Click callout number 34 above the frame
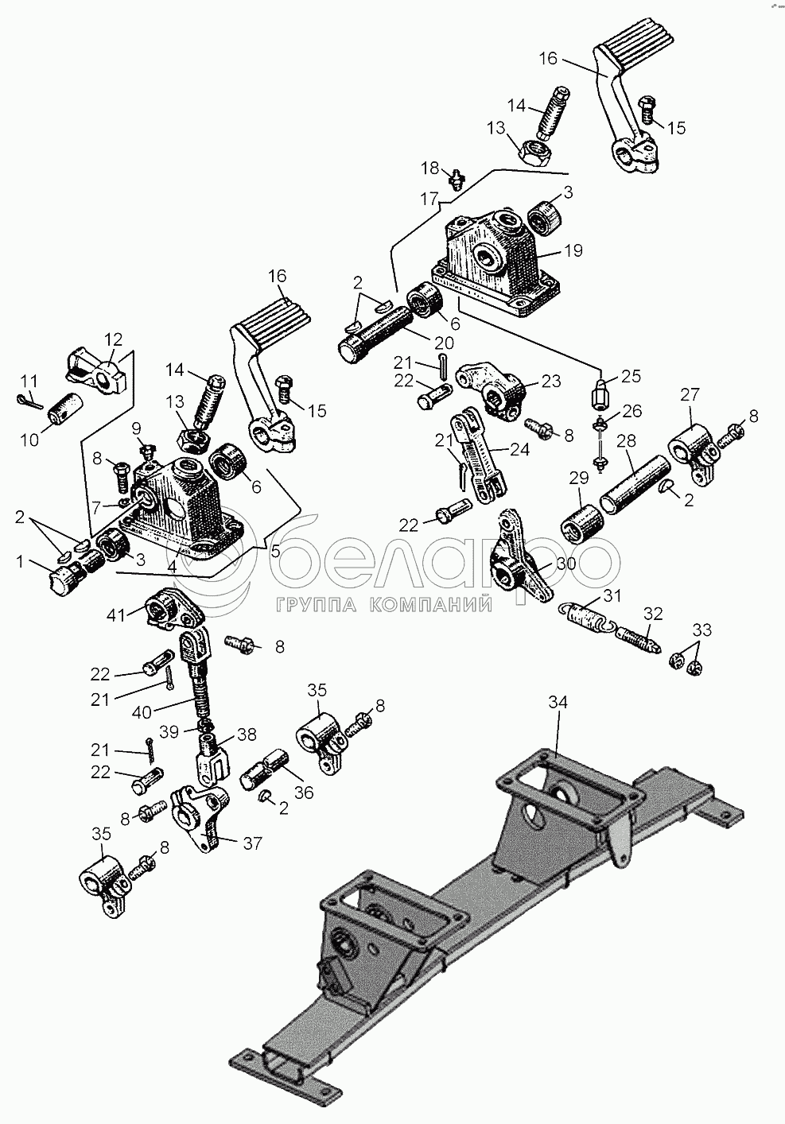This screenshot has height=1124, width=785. click(x=558, y=703)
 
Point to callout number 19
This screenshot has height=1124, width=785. click(x=573, y=250)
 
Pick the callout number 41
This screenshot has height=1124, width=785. click(x=115, y=615)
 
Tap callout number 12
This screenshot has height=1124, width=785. click(x=114, y=339)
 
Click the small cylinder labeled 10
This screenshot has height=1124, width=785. click(x=66, y=408)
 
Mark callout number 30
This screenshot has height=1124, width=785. click(x=565, y=564)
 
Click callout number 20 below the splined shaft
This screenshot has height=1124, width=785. click(x=443, y=343)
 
